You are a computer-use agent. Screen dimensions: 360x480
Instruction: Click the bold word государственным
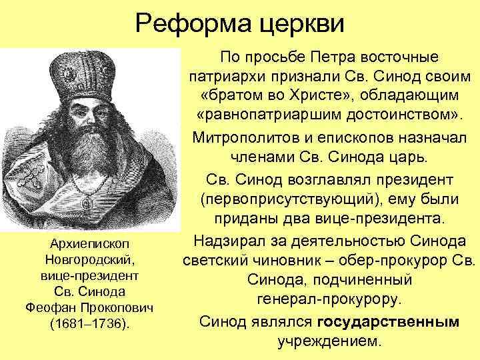(x=388, y=323)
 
